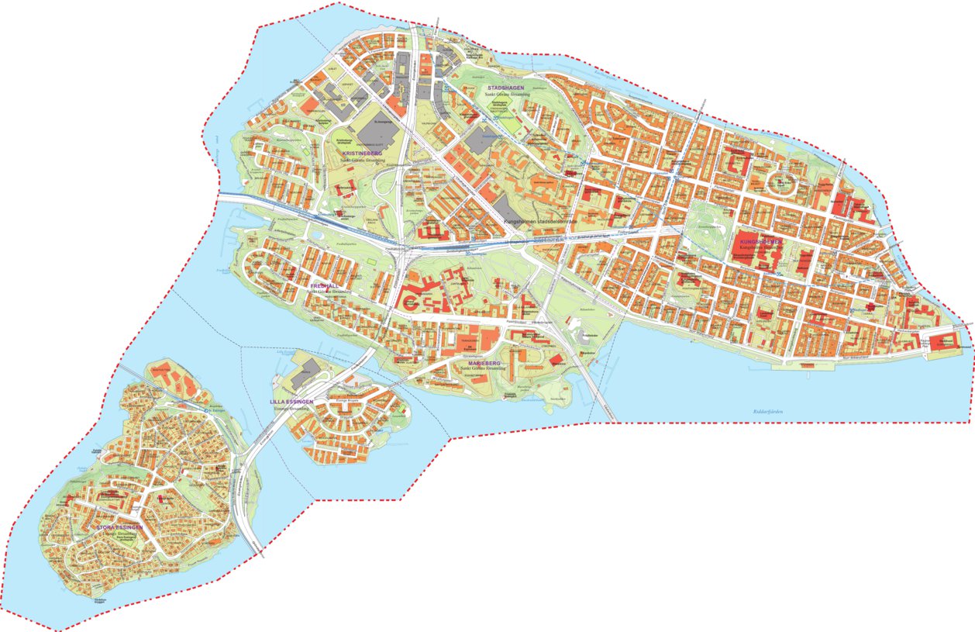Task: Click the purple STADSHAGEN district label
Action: [x=503, y=88]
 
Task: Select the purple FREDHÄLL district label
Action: [x=323, y=285]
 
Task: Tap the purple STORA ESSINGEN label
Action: [x=121, y=527]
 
